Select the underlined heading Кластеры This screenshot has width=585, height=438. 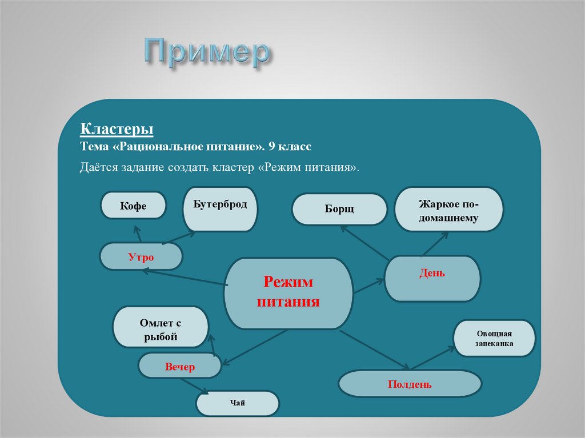point(116,130)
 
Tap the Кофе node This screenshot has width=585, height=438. point(133,206)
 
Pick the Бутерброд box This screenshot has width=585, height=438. point(220,209)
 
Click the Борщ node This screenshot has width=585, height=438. point(339,209)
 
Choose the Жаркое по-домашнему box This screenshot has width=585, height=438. point(448,209)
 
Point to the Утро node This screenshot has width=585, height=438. point(141,257)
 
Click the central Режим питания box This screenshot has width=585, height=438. point(288,292)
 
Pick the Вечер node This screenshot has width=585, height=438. point(180,367)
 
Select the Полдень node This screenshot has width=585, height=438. point(409,384)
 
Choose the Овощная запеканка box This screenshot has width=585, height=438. point(494,339)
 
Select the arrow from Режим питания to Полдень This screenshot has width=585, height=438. point(374,349)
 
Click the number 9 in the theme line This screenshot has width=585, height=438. point(272,147)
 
